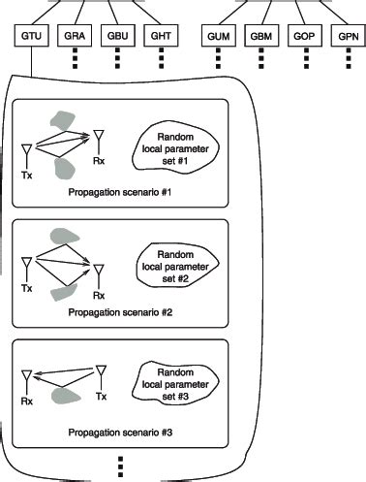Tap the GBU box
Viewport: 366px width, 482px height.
click(116, 36)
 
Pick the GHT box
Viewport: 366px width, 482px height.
click(159, 36)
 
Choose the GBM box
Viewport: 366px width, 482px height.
click(260, 36)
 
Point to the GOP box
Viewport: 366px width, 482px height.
click(302, 36)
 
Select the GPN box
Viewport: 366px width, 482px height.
click(344, 36)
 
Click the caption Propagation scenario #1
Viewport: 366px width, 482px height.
click(119, 192)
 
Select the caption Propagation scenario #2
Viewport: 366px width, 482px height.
click(119, 311)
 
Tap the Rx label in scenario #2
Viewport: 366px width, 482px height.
click(98, 294)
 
